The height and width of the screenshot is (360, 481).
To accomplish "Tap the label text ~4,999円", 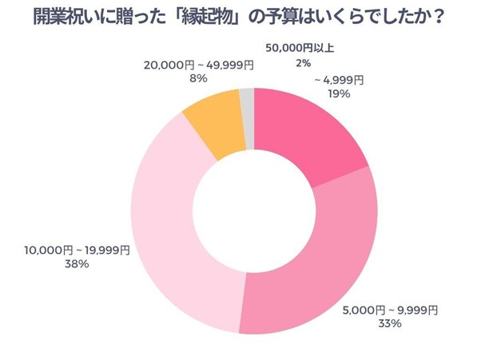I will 340,79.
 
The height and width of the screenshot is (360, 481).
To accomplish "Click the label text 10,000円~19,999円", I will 78,251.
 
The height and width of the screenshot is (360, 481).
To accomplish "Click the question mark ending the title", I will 437,16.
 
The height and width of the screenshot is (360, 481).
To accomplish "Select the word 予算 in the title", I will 303,16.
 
